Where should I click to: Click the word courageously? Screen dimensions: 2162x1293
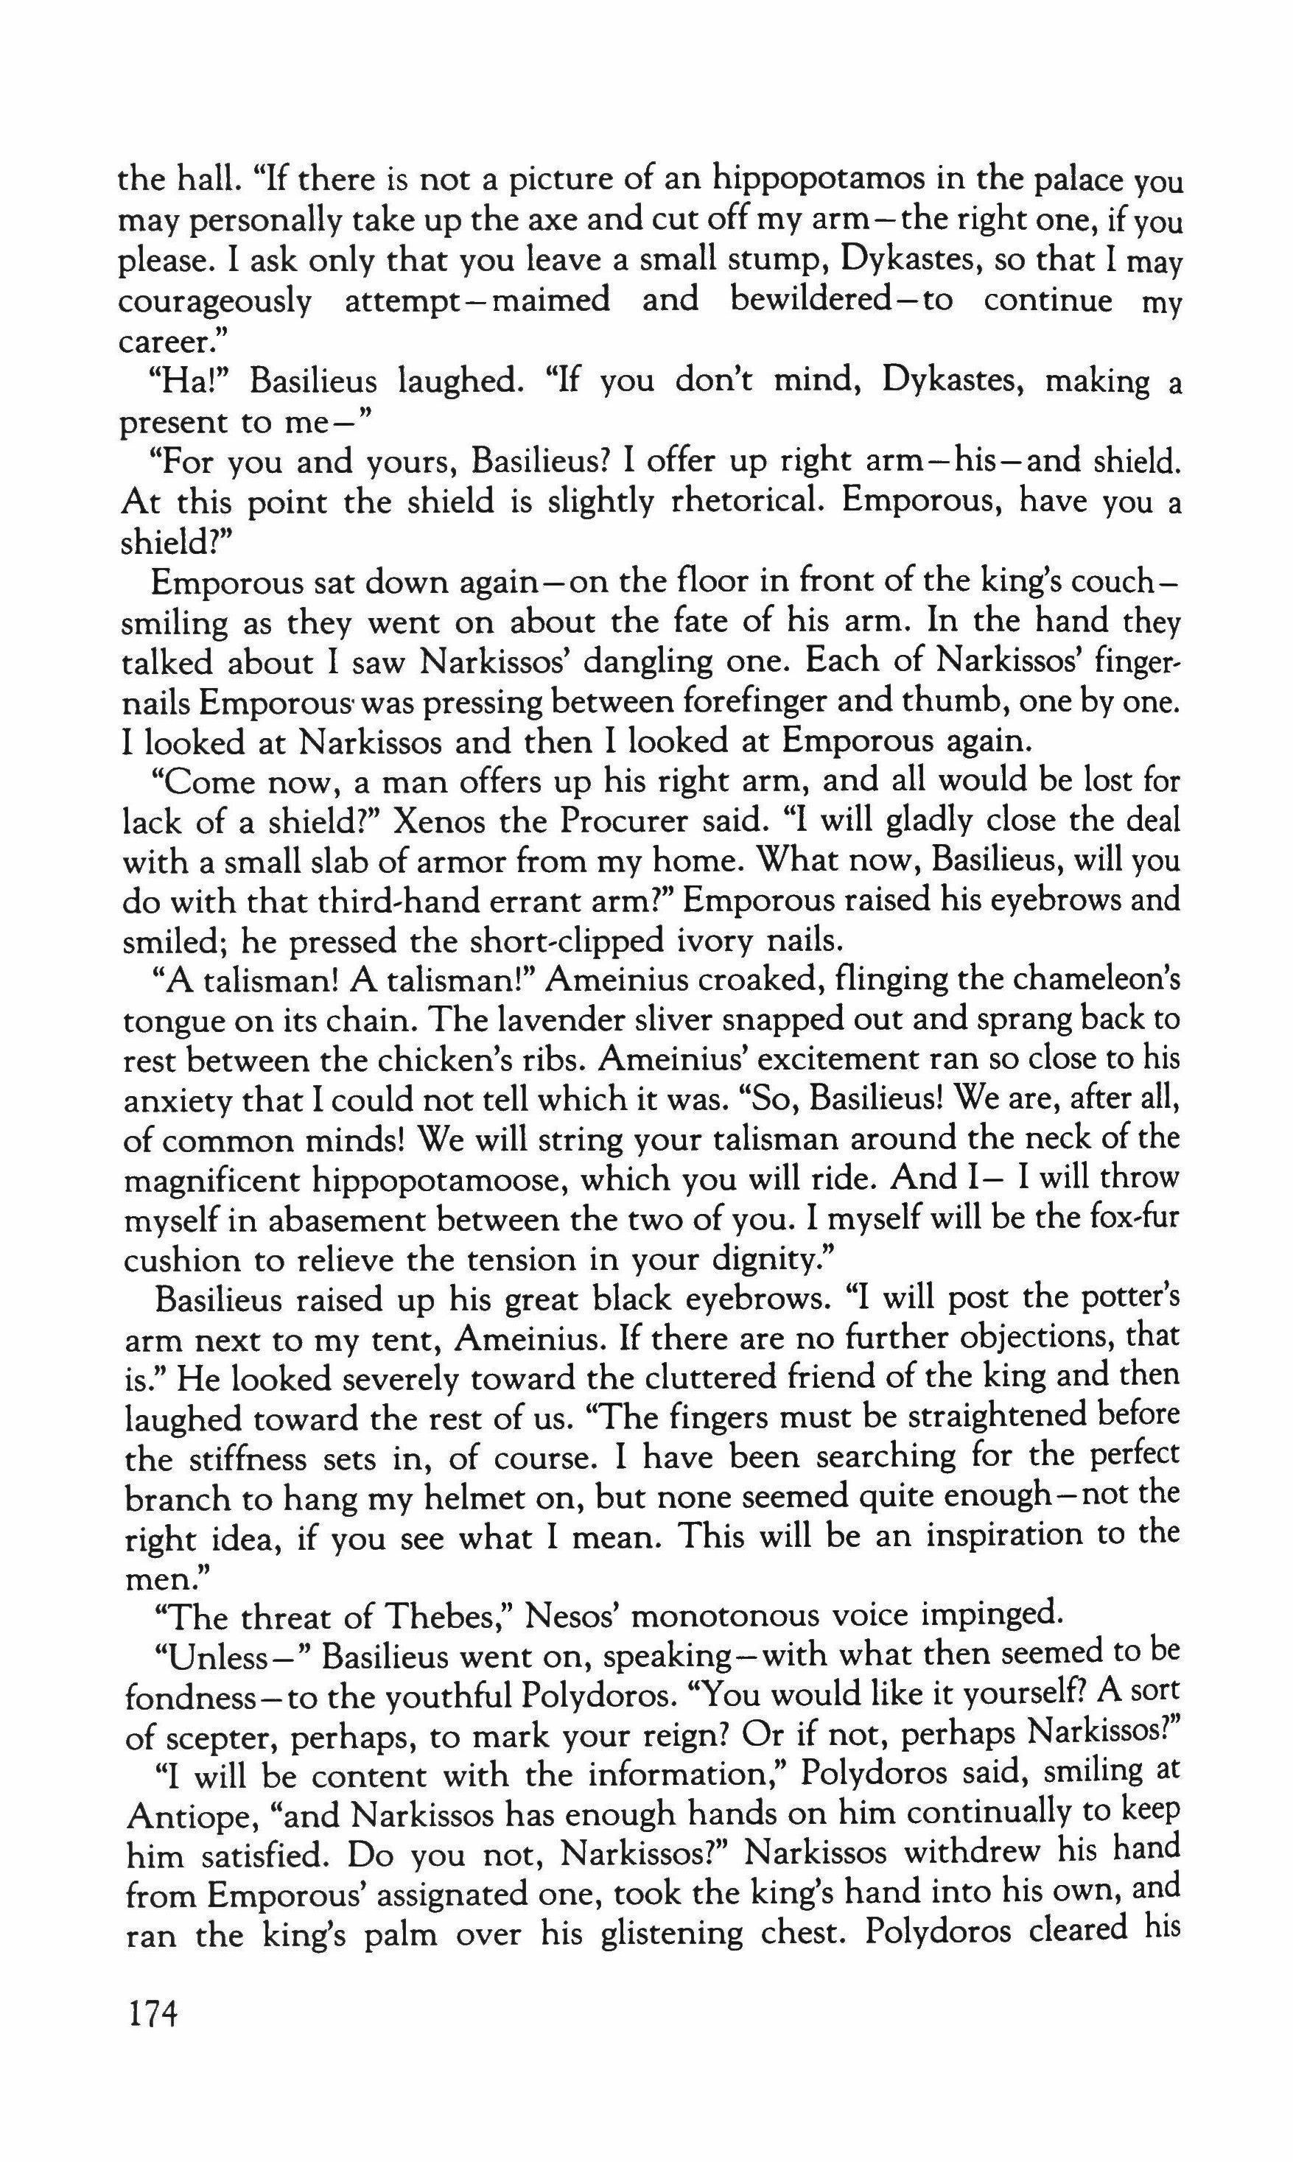tap(214, 301)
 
